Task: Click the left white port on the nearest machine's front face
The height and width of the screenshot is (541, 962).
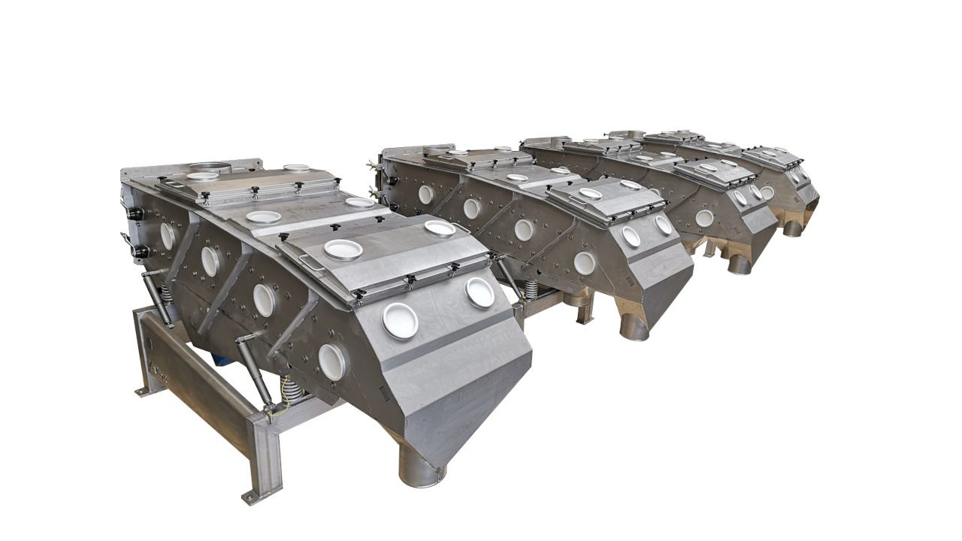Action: pos(400,321)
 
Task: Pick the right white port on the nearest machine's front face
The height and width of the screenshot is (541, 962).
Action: pos(479,292)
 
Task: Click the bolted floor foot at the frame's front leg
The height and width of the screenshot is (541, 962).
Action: pos(250,497)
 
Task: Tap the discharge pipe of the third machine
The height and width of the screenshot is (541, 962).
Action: pos(738,262)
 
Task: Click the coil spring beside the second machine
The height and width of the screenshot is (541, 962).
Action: pos(529,289)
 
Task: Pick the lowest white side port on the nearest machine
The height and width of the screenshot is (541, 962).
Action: pos(331,361)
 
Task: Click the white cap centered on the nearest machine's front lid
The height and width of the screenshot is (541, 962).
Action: pos(343,249)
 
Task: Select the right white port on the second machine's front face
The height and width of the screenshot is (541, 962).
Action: pos(663,225)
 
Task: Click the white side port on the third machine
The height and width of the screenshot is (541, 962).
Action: pos(704,218)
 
